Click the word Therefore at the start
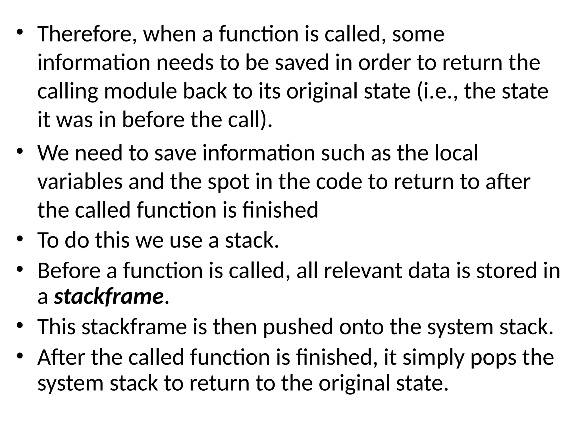click(87, 34)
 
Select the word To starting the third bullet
click(48, 240)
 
